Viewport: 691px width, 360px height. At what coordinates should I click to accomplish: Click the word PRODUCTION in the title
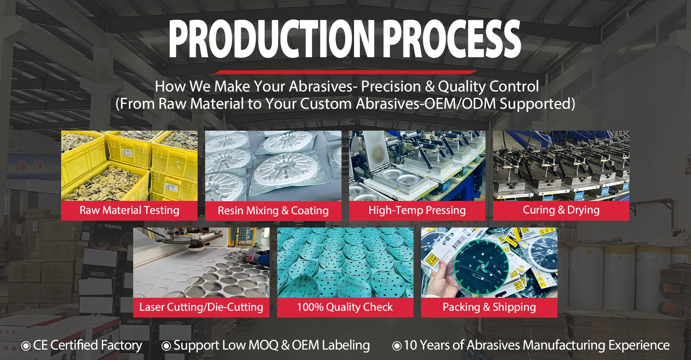pos(272,39)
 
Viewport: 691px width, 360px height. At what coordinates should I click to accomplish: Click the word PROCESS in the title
pos(452,39)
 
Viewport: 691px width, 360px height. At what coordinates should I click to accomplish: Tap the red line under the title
pos(345,72)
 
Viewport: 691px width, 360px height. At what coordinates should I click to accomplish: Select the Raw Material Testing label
pos(129,210)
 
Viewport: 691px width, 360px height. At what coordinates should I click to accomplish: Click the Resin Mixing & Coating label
pos(273,211)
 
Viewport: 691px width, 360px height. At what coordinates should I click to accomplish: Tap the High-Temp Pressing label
pos(417,210)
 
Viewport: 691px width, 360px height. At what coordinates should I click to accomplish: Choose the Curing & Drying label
pos(561,210)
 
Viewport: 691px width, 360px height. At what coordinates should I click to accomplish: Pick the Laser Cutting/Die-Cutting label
pos(201,307)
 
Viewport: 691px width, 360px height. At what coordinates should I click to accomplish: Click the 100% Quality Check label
pos(345,307)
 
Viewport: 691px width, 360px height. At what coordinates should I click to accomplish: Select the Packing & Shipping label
pos(489,307)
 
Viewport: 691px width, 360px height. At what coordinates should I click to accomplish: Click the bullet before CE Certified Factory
pos(26,346)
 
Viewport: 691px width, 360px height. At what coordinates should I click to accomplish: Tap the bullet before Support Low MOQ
pos(166,346)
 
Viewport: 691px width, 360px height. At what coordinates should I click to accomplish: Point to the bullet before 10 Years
pos(397,346)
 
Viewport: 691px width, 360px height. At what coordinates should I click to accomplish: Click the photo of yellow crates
pos(129,166)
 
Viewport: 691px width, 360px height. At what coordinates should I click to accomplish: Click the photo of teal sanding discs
pos(345,262)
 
